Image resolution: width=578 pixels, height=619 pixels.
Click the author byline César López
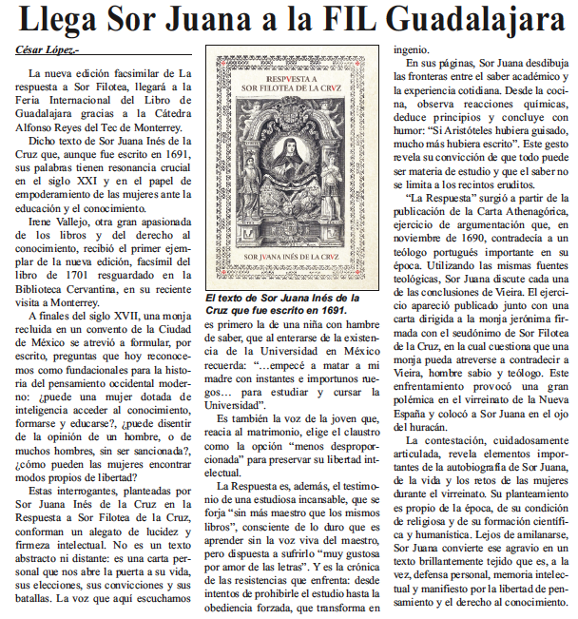tap(48, 50)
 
